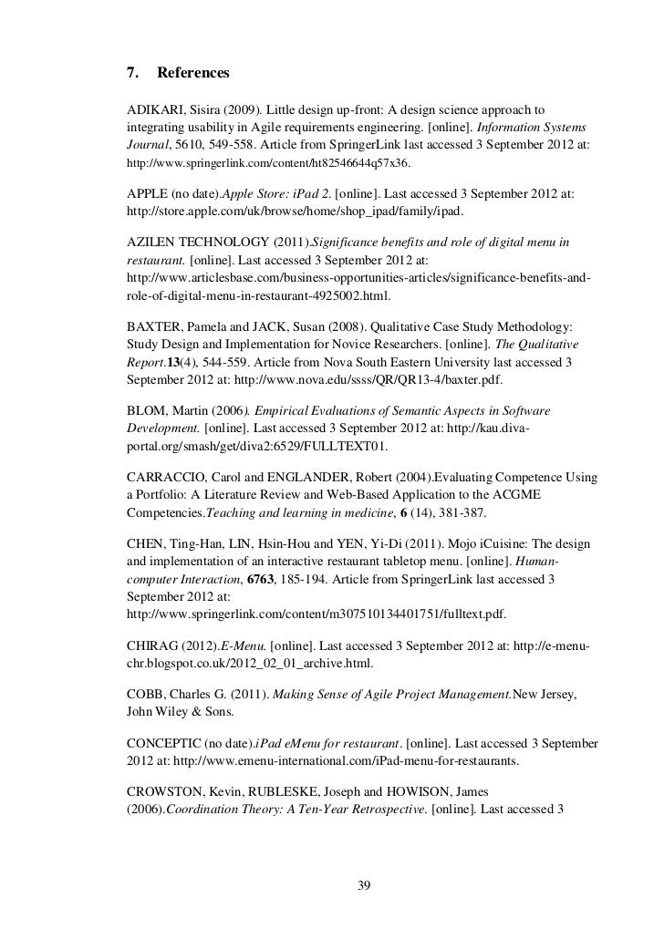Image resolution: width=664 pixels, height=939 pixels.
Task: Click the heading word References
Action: coord(193,71)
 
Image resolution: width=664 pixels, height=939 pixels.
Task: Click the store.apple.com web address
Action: coord(295,212)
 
